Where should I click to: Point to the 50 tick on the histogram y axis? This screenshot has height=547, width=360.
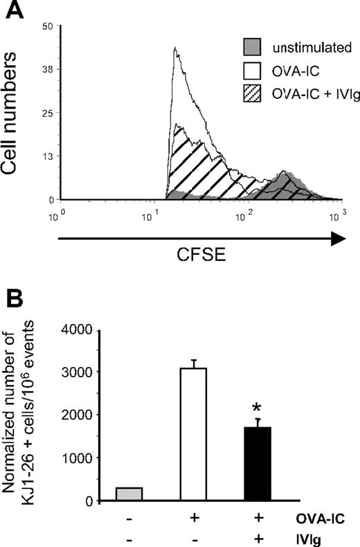(47, 26)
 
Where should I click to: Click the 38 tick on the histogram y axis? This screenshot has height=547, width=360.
(47, 69)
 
